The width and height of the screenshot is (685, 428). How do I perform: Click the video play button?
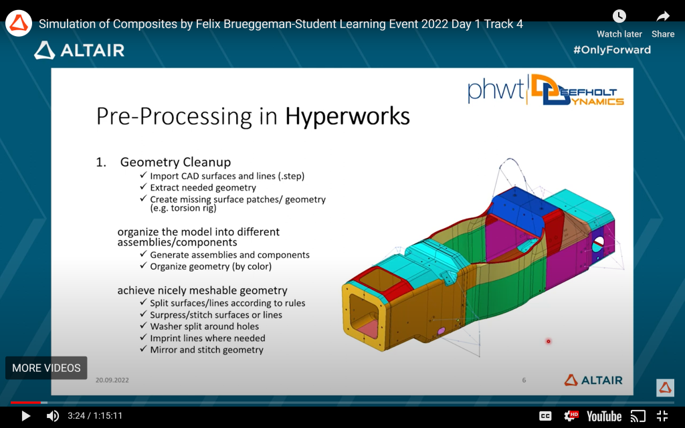click(26, 416)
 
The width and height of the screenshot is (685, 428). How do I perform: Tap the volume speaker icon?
click(52, 416)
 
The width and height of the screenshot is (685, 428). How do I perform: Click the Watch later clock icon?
click(619, 17)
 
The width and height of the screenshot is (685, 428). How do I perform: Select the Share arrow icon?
click(663, 17)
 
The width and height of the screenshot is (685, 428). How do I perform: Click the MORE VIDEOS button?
click(46, 368)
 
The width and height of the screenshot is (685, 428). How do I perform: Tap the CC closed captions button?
click(545, 416)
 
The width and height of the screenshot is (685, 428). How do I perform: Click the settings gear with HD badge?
click(570, 416)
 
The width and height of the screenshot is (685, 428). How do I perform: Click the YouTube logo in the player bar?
click(604, 416)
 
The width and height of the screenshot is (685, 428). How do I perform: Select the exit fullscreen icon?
click(662, 416)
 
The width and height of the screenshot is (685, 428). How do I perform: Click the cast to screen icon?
click(638, 416)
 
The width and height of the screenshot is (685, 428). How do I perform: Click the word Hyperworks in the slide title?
click(347, 116)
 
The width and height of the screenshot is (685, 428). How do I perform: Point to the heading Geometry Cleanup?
click(176, 162)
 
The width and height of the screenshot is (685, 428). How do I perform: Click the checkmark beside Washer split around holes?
click(143, 326)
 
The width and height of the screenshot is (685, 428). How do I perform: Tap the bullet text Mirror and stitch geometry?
click(207, 350)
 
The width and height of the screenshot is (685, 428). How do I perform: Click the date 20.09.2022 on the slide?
click(112, 380)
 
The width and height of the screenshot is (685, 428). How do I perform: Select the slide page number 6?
click(524, 380)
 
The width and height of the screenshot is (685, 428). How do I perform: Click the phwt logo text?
click(496, 90)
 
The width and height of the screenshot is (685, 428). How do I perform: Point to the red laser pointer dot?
click(549, 341)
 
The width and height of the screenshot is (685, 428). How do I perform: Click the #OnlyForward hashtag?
click(612, 49)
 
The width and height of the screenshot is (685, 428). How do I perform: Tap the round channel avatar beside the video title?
click(18, 23)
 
